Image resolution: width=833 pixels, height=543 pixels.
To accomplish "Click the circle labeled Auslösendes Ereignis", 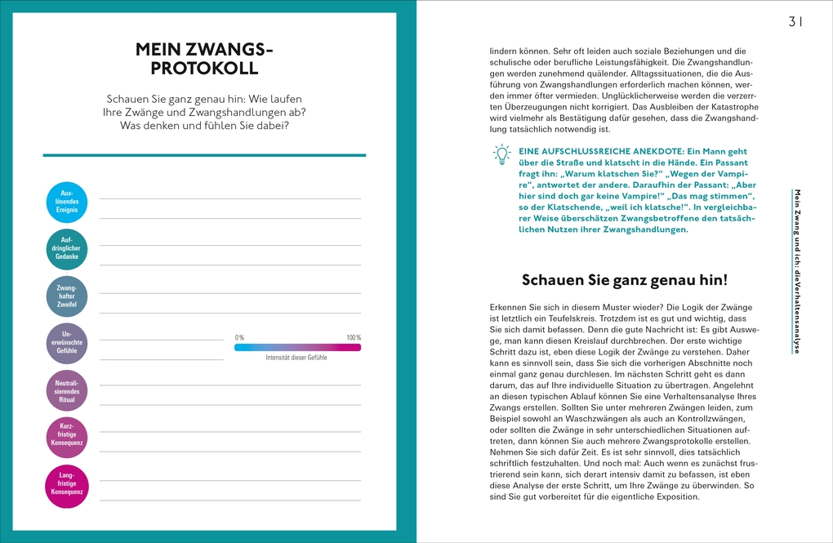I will (67, 202).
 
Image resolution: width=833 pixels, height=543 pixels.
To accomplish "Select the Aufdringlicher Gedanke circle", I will (67, 249).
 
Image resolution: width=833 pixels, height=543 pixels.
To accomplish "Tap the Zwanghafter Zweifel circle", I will (67, 296).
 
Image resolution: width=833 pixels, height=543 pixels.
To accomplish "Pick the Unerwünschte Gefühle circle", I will (67, 344).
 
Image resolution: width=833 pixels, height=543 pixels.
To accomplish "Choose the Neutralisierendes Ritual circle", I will (67, 391).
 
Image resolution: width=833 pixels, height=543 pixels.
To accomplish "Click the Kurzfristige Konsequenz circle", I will (67, 438).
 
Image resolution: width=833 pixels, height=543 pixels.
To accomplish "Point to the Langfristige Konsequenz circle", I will (67, 486).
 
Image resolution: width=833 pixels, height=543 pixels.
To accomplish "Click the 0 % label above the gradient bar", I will (239, 338).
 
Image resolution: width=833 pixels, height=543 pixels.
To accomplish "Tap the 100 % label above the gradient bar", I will (353, 338).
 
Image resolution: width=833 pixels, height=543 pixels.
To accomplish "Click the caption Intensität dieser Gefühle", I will (296, 358).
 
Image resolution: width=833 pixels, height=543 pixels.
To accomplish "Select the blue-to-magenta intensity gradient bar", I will (297, 347).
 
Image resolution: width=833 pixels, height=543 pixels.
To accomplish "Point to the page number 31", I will (795, 22).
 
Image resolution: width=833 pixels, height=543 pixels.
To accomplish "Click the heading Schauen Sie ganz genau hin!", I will (624, 279).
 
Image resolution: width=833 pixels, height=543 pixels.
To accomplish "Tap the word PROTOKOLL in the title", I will (204, 69).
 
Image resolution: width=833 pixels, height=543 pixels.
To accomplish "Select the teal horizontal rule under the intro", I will (204, 154).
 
